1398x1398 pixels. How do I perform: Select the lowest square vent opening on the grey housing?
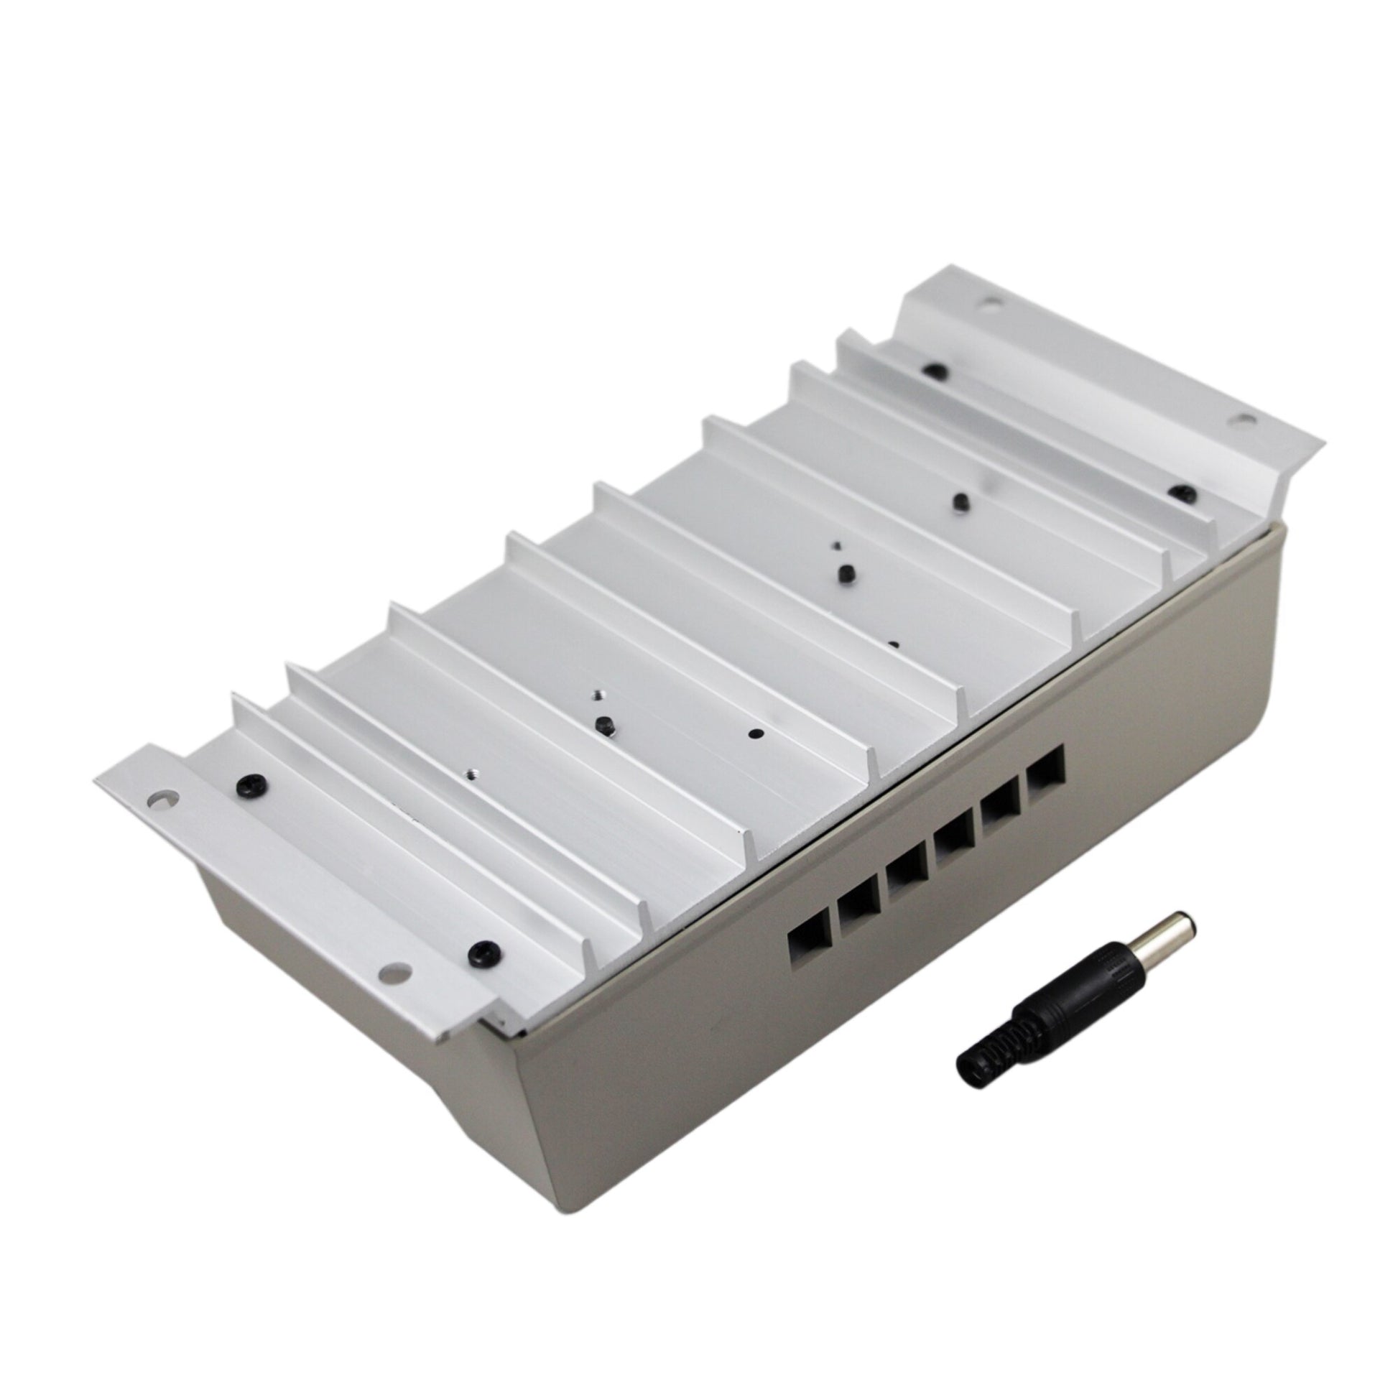point(805,941)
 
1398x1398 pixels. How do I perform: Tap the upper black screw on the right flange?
point(936,370)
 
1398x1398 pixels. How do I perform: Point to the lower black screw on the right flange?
point(1182,494)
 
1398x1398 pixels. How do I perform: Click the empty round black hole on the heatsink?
point(756,733)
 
